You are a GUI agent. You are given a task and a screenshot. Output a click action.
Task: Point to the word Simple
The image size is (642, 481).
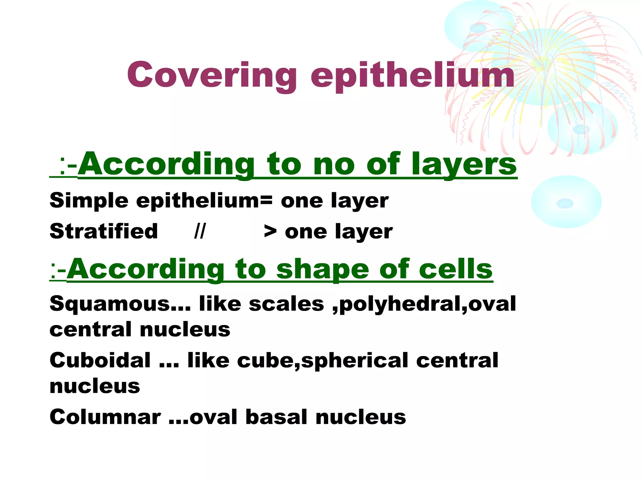pyautogui.click(x=89, y=200)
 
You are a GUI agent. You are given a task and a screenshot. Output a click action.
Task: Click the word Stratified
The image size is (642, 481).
pyautogui.click(x=103, y=231)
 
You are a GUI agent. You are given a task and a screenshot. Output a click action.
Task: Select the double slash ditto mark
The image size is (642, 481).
pyautogui.click(x=200, y=231)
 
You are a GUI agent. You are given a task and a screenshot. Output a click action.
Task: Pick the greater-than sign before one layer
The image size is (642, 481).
pyautogui.click(x=270, y=232)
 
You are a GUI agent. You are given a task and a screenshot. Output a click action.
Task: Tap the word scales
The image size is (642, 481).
pyautogui.click(x=286, y=304)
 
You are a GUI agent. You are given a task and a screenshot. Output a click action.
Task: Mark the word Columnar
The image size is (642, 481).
pyautogui.click(x=105, y=417)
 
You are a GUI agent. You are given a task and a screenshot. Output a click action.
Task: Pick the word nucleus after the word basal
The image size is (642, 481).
pyautogui.click(x=360, y=417)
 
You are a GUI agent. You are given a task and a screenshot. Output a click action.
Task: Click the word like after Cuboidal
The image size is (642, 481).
pyautogui.click(x=208, y=360)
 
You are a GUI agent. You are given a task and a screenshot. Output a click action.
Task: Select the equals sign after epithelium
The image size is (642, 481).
pyautogui.click(x=266, y=200)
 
